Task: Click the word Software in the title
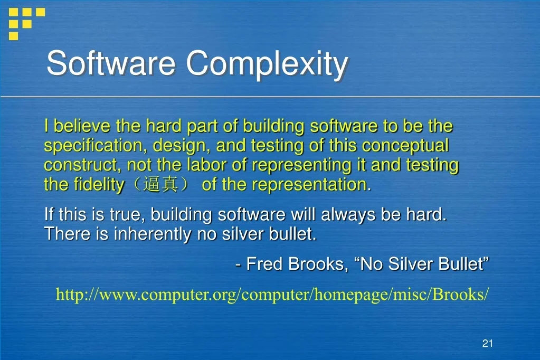point(111,64)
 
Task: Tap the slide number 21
point(487,344)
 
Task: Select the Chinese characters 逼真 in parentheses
point(161,185)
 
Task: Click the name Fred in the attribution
point(265,264)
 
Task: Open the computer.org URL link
point(272,295)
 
